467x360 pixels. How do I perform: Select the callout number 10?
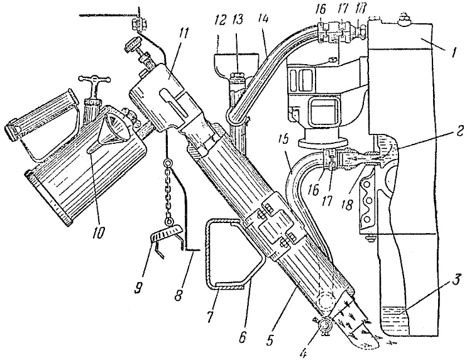coord(99,230)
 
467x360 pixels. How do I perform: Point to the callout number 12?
coord(220,20)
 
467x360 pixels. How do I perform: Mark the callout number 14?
coord(262,19)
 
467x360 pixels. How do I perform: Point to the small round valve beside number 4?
coord(323,326)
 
